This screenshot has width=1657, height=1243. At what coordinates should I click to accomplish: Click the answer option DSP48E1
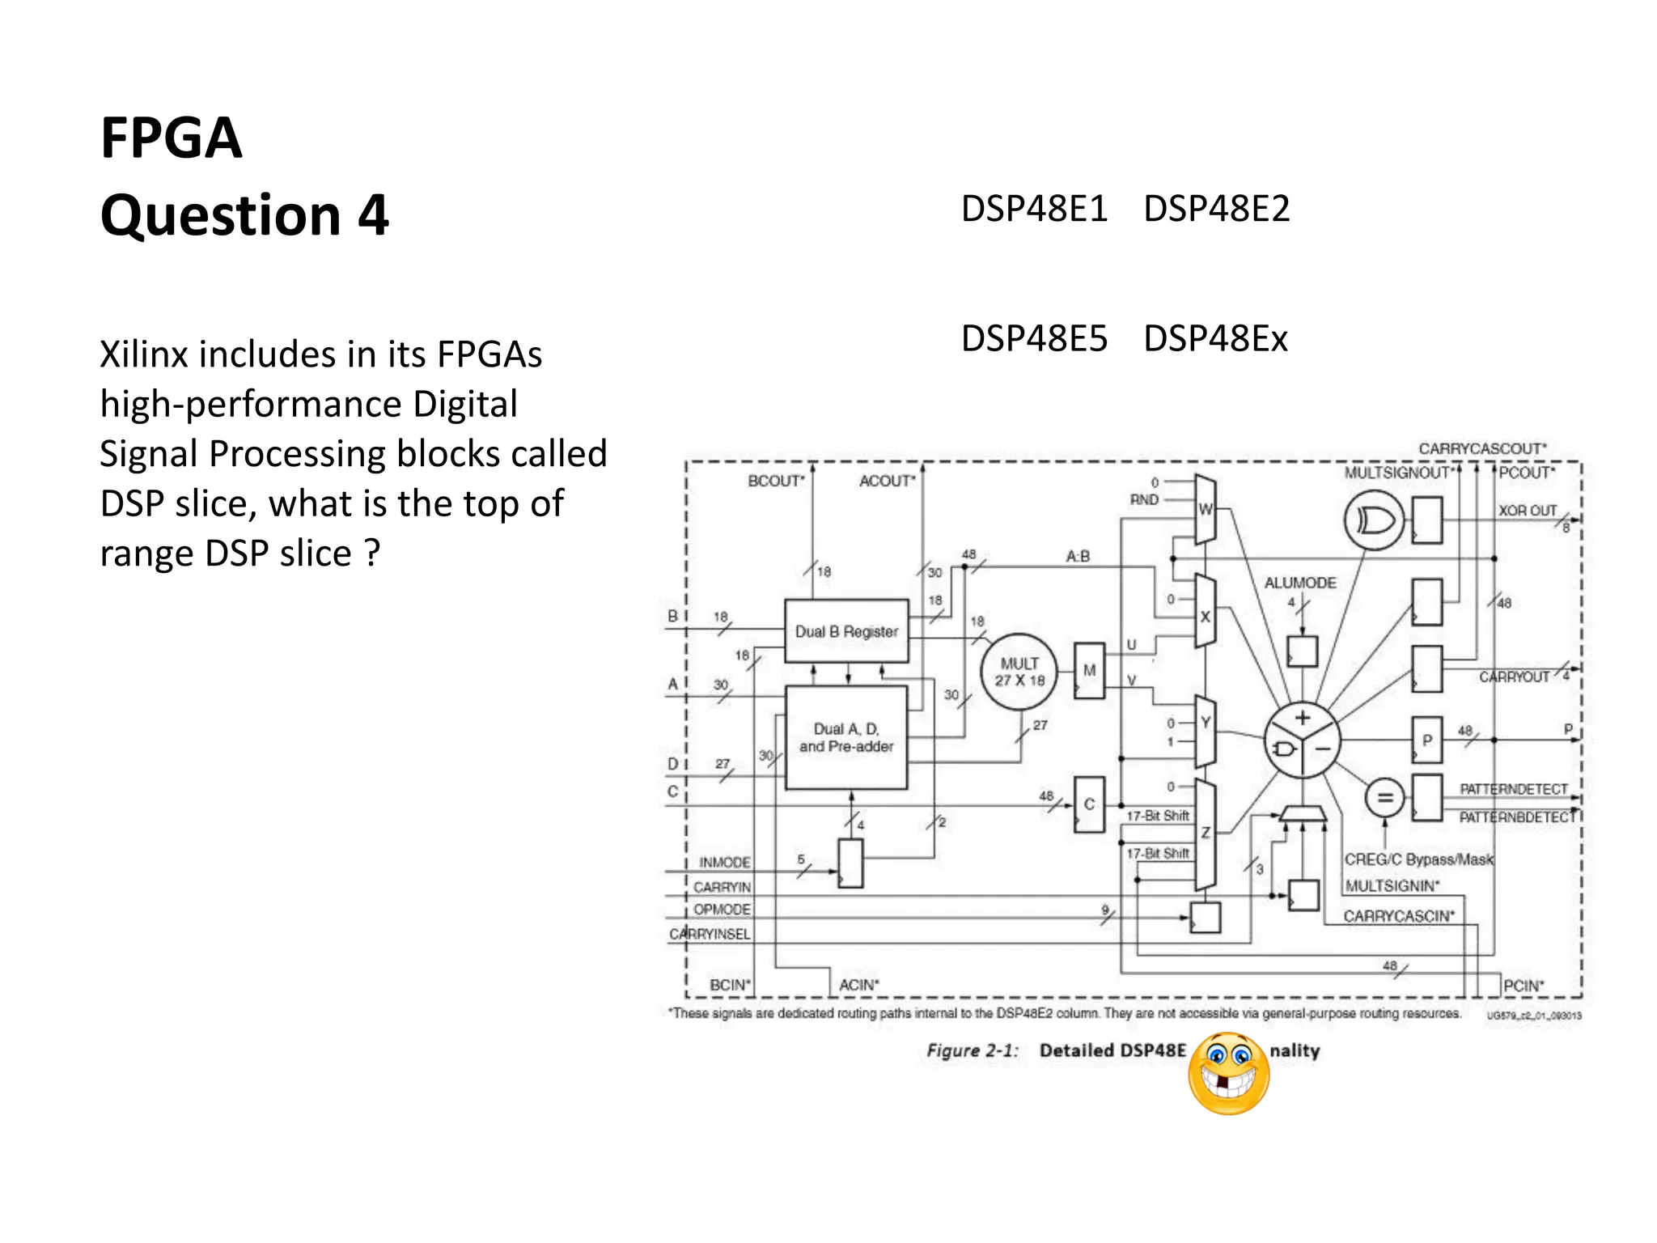[1033, 209]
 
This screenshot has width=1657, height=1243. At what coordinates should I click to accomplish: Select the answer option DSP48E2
[1216, 209]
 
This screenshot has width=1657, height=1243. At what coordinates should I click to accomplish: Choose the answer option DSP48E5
[1033, 338]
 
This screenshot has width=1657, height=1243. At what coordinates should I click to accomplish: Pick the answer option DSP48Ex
[1214, 338]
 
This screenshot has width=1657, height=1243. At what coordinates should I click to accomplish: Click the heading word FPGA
[171, 138]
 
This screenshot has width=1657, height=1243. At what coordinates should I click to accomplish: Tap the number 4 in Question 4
[373, 215]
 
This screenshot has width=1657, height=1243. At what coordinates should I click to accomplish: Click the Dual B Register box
[846, 631]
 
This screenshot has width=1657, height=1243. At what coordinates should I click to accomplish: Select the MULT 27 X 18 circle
[1019, 672]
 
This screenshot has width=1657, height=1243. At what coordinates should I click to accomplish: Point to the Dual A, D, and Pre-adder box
[846, 737]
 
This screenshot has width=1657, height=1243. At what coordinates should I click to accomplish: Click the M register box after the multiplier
[1089, 671]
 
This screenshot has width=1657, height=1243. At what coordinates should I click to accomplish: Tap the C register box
[1089, 804]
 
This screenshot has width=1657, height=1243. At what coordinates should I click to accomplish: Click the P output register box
[1426, 740]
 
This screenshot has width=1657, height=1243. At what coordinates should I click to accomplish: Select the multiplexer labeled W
[1206, 509]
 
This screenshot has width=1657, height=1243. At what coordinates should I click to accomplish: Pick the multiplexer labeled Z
[1206, 834]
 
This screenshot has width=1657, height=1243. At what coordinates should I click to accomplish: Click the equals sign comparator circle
[1384, 798]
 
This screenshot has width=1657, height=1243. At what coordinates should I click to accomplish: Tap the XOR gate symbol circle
[1374, 520]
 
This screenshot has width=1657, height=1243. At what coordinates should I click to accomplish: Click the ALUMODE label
[1300, 583]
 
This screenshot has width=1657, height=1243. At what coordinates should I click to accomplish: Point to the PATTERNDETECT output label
[1513, 788]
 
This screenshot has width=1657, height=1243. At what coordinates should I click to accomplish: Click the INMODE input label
[724, 863]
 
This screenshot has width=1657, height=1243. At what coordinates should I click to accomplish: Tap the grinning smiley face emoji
[1228, 1074]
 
